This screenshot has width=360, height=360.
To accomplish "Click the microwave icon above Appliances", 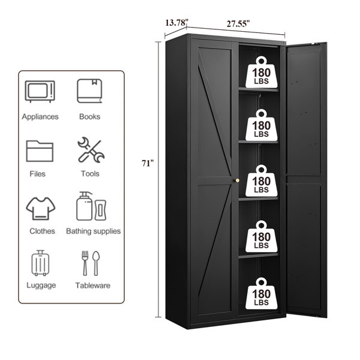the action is click(x=40, y=91).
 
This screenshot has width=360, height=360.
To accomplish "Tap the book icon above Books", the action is click(x=89, y=91).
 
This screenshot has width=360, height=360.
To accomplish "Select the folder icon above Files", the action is click(x=40, y=151).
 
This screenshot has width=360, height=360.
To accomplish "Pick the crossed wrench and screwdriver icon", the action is click(x=91, y=150).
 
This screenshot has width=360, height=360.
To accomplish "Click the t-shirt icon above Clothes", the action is click(x=41, y=208).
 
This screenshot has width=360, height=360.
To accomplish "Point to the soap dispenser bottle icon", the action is click(x=84, y=206).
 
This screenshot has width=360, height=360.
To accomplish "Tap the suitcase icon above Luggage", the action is click(x=40, y=263).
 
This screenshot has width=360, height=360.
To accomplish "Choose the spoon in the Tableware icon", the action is click(x=96, y=263).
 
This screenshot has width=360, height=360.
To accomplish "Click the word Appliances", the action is click(x=40, y=116).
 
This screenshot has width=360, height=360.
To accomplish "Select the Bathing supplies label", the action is click(x=93, y=231).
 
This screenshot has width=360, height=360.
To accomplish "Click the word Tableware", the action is click(x=93, y=286).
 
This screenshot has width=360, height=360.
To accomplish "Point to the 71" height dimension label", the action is click(x=148, y=163).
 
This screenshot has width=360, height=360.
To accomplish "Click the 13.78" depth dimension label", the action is click(x=176, y=23).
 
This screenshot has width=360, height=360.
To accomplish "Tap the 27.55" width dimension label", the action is click(x=238, y=23).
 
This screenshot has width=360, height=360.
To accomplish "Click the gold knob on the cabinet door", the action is click(x=237, y=181).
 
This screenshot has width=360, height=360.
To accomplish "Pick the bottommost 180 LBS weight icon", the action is click(x=261, y=293).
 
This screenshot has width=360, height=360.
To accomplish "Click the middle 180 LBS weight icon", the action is click(x=261, y=181).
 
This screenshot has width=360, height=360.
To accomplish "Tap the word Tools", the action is click(x=90, y=173).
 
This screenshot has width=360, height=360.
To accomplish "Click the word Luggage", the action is click(x=41, y=286).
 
